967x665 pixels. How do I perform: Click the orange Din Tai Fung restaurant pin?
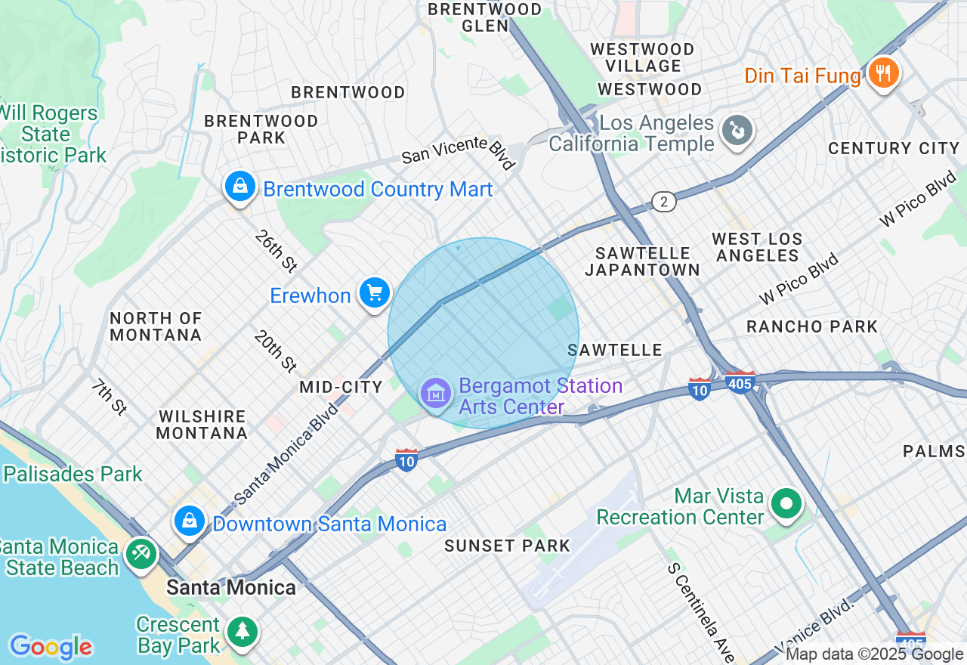tap(882, 74)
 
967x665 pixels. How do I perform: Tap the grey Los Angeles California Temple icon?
tap(734, 131)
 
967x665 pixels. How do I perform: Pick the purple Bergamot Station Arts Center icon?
tap(436, 394)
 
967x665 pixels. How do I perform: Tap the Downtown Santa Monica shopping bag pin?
tap(190, 521)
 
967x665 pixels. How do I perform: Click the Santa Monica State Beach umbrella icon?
tap(141, 554)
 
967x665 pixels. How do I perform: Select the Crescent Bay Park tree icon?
tap(242, 630)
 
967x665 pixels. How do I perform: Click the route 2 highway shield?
tap(663, 201)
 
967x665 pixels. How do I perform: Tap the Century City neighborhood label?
tap(894, 148)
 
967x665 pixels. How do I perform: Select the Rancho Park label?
tap(812, 326)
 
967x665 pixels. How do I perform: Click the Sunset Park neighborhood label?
tap(507, 546)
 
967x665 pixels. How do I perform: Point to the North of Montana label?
tap(156, 326)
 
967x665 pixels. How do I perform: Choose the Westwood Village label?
tap(642, 57)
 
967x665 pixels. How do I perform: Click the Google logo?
tap(51, 647)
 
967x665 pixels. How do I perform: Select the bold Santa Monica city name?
tap(231, 587)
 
